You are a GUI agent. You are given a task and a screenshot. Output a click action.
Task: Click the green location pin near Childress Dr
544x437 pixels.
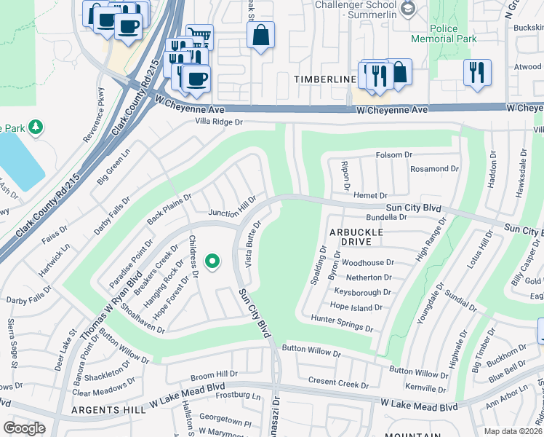coord(212,260)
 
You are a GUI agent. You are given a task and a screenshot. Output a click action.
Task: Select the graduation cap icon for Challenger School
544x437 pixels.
coord(408,9)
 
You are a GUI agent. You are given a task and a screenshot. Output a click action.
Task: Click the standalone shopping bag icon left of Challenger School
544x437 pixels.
coord(260,35)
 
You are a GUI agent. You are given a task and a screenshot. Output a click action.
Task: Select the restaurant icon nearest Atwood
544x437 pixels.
coord(477,72)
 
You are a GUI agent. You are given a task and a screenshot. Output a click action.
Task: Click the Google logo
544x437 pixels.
coord(25,428)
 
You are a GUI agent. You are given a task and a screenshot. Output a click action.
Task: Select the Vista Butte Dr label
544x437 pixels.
coord(253,243)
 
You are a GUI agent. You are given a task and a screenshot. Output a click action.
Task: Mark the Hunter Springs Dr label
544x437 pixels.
coord(342,323)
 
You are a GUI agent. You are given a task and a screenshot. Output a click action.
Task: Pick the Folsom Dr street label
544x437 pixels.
coord(394,155)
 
